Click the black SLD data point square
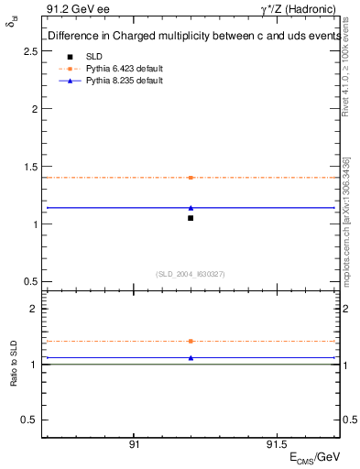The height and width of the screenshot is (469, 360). pos(191,218)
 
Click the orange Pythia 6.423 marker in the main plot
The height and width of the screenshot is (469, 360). pos(191,178)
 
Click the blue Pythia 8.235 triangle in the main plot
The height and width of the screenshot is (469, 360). pos(191,208)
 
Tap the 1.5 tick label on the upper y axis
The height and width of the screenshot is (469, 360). pos(29,166)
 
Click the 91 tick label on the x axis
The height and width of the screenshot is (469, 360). pos(134,444)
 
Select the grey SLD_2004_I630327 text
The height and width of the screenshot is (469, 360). pos(191,274)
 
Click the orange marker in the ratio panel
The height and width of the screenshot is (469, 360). pos(191,341)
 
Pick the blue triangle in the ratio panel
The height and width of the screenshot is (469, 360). pos(191,358)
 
